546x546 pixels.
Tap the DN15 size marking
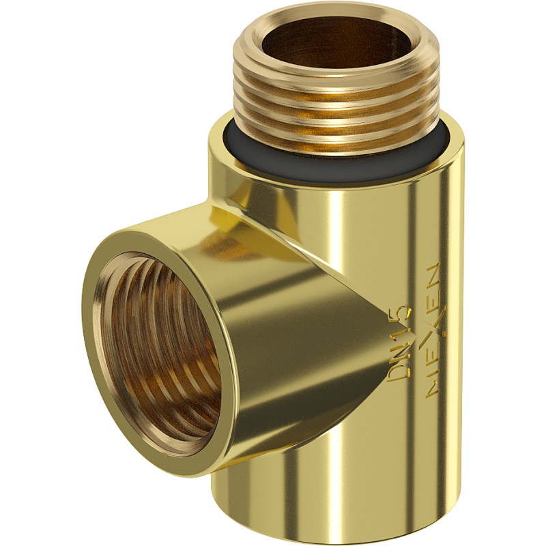[x=399, y=345]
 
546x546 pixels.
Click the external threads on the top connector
[x=335, y=104]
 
